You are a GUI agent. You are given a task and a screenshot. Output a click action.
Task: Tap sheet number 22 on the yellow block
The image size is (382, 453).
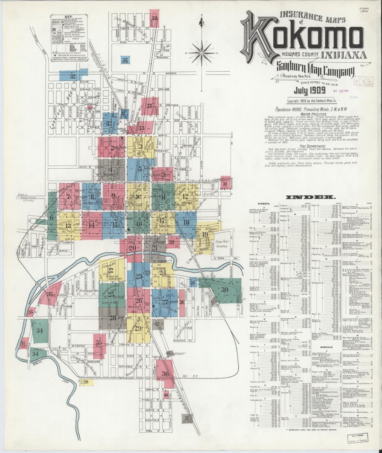point(110,270)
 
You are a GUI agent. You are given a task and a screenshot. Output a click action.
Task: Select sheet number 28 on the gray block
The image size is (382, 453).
point(113,318)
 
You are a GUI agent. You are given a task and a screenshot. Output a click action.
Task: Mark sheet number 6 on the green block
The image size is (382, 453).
point(52,218)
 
